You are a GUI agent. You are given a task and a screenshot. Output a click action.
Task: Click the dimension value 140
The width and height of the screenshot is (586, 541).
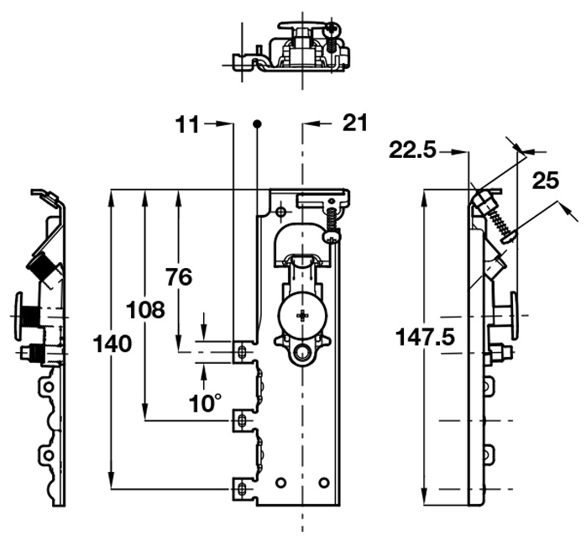(112, 344)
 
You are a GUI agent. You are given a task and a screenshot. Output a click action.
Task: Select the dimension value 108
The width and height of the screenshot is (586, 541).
(145, 310)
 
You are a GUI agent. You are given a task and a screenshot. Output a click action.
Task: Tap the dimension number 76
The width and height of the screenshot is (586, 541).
(179, 276)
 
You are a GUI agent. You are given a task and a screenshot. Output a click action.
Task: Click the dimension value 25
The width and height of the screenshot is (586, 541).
(546, 181)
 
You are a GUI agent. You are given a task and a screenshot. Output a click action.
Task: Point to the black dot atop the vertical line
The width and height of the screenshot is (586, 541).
(257, 124)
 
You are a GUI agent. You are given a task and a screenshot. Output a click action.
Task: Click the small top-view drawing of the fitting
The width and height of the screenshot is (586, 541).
(290, 47)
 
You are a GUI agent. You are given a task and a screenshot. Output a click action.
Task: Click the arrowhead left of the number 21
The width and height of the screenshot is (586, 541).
(307, 124)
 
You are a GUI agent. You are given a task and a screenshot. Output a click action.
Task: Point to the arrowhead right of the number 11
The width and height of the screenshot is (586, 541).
(226, 124)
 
